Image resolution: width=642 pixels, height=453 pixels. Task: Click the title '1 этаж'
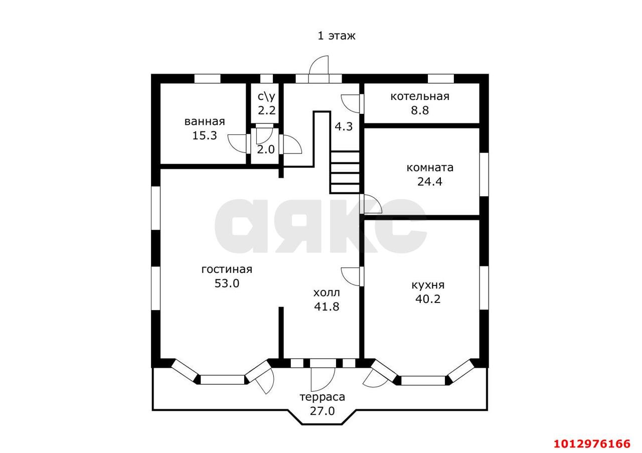tap(337, 36)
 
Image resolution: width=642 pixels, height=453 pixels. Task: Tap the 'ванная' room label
tap(205, 121)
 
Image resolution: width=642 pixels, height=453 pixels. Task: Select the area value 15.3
tap(204, 135)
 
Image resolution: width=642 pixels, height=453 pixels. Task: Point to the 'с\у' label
tap(266, 97)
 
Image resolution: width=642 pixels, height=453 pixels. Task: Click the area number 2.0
tap(266, 149)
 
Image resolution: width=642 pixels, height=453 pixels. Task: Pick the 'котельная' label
tap(420, 97)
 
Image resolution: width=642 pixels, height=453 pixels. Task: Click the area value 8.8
tap(420, 110)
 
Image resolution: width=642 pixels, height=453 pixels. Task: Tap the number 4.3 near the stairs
tap(344, 126)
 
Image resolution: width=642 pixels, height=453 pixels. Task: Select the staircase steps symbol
tap(345, 172)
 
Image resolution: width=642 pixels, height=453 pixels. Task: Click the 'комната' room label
tap(430, 168)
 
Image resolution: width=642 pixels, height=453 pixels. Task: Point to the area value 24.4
tap(430, 182)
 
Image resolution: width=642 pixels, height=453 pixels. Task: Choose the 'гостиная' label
tap(227, 269)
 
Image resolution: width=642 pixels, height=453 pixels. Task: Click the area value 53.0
tap(227, 283)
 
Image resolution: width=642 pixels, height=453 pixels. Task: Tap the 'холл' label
tap(327, 293)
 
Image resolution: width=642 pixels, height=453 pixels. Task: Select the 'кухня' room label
tap(428, 285)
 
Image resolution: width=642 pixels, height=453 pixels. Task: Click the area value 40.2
tap(428, 299)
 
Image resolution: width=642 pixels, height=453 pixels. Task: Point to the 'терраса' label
tap(323, 397)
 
